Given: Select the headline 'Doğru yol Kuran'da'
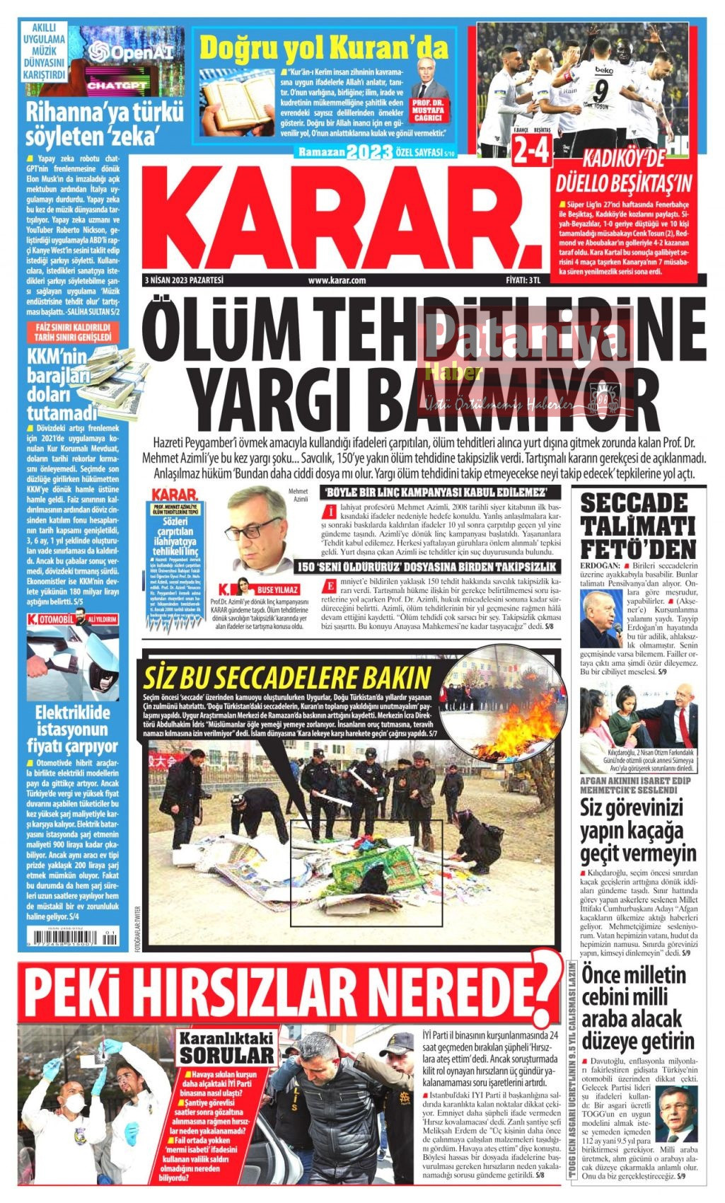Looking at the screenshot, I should click(324, 48).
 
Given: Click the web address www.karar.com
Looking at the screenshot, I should click(337, 280).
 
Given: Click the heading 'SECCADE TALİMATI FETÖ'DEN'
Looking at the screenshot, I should click(638, 526).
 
